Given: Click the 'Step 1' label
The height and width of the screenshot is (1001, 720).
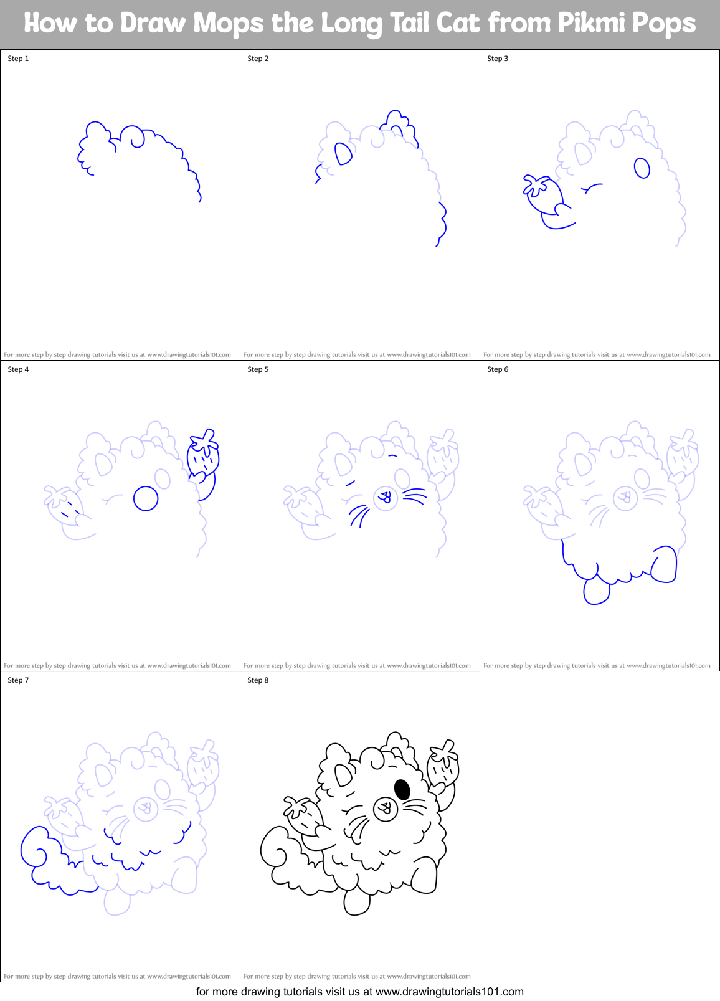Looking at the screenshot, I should pyautogui.click(x=18, y=59).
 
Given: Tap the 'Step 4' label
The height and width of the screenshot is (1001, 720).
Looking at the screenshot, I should pyautogui.click(x=18, y=369).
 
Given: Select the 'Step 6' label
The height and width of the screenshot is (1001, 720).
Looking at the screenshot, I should pyautogui.click(x=498, y=369).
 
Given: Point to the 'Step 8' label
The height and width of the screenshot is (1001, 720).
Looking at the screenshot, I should pyautogui.click(x=258, y=680).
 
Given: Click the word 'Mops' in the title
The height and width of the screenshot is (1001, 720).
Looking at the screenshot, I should pyautogui.click(x=229, y=24).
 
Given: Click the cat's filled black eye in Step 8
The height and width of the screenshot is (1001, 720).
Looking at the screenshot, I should pyautogui.click(x=402, y=789).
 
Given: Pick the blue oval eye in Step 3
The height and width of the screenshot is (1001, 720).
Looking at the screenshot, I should pyautogui.click(x=642, y=168).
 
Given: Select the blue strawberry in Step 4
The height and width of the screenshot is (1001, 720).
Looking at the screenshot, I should pyautogui.click(x=203, y=455).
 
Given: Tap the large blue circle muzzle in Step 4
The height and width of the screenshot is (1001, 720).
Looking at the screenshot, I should pyautogui.click(x=146, y=498).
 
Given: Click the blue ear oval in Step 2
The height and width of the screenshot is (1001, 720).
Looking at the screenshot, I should pyautogui.click(x=343, y=153).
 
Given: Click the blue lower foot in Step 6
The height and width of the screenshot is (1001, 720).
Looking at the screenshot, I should pyautogui.click(x=596, y=591).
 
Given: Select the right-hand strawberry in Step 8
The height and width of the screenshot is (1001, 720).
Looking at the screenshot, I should pyautogui.click(x=443, y=764).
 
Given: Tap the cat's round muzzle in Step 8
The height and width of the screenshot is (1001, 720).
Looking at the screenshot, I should pyautogui.click(x=386, y=809).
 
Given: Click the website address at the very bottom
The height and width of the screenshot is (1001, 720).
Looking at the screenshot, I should pyautogui.click(x=449, y=992).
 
